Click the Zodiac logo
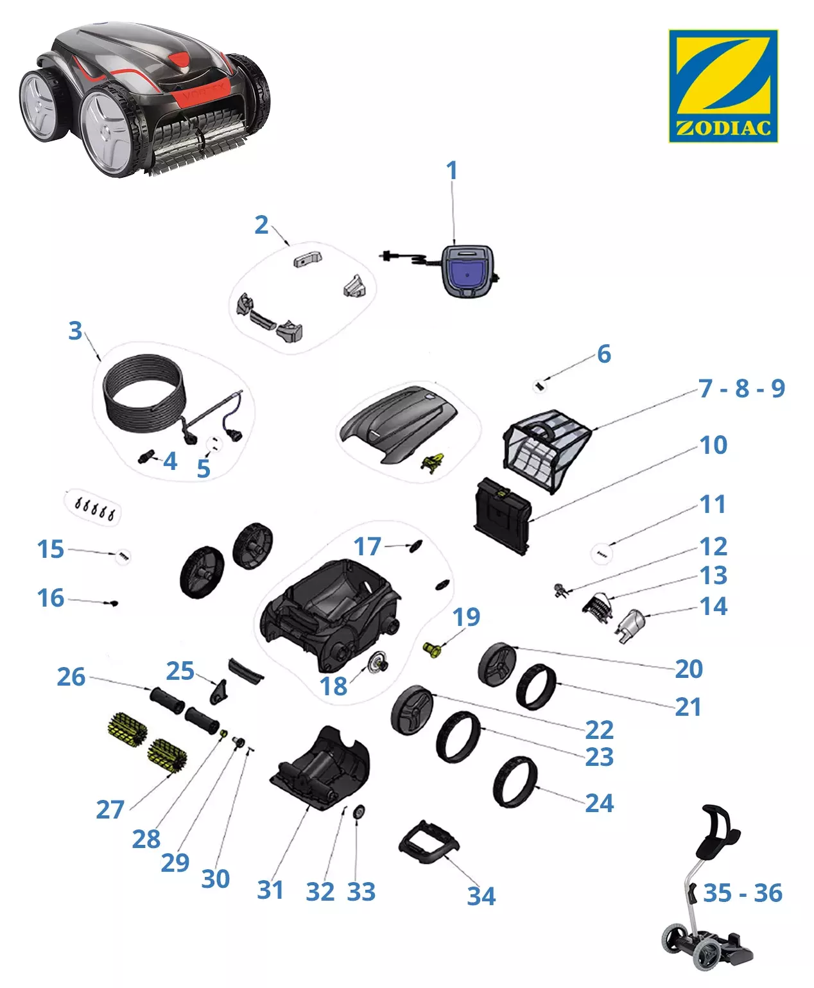coord(723,86)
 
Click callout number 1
coord(452,170)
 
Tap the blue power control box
coord(467,271)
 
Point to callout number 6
coord(604,354)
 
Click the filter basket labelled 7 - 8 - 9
coord(546,451)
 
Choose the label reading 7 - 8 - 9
coord(741,388)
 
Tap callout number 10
coord(713,445)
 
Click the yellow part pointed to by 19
coord(431,650)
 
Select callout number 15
coord(50,549)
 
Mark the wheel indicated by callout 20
coord(497,664)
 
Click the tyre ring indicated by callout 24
coord(515,782)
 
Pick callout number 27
coord(110,809)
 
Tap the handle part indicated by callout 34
coord(428,842)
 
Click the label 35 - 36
coord(743,893)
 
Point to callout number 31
coord(270,890)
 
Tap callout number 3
coord(75,330)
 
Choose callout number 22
coord(599,730)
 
